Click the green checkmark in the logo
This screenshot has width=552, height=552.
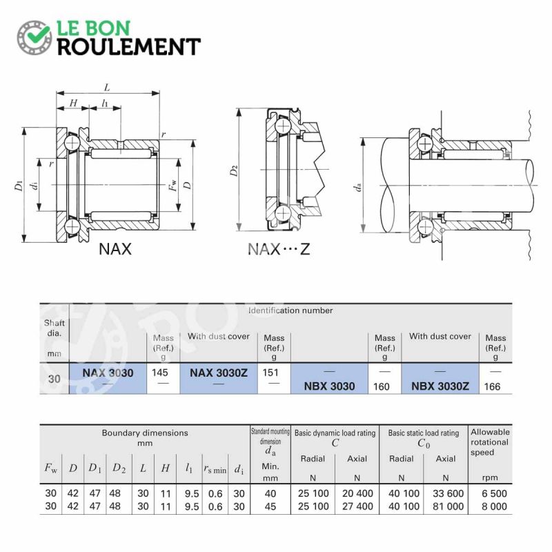(x=34, y=34)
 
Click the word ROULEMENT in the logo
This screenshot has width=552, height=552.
(x=128, y=47)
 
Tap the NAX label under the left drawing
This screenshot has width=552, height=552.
(x=115, y=249)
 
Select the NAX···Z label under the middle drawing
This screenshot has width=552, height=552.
(x=279, y=249)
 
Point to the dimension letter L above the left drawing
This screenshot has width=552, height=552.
(x=106, y=87)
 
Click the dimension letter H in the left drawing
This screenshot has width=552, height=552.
(x=74, y=103)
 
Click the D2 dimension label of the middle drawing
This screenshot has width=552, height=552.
(x=235, y=170)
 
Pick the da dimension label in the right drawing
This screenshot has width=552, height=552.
(x=357, y=186)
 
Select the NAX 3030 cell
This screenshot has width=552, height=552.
(x=108, y=373)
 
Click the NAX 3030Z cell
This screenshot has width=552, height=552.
(x=218, y=373)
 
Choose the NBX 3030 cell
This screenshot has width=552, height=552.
(x=329, y=386)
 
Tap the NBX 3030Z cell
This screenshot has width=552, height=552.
(x=440, y=386)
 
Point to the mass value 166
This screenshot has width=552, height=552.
(x=492, y=387)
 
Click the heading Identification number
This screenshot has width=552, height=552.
(x=290, y=310)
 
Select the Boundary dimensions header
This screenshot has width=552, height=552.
(x=145, y=433)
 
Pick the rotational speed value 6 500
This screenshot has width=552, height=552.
(x=492, y=493)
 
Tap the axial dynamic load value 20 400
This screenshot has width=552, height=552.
(x=356, y=493)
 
